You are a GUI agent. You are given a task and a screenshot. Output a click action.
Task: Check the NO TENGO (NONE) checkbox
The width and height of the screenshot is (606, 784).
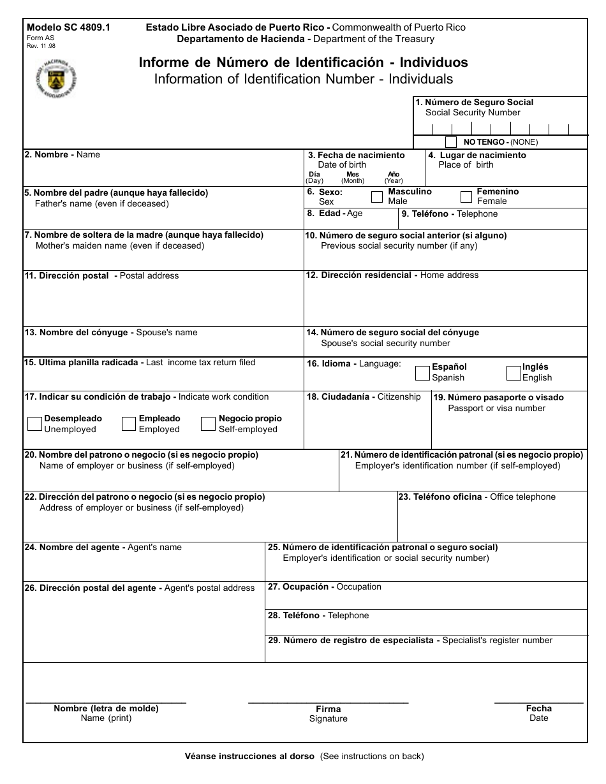pos(451,142)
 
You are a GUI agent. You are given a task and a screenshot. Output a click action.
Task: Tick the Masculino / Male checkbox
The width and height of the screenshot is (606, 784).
pos(377,196)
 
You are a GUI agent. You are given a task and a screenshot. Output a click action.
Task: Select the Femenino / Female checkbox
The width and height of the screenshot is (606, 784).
pos(466,196)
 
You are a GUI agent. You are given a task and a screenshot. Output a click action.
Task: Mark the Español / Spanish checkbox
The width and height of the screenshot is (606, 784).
pos(422,372)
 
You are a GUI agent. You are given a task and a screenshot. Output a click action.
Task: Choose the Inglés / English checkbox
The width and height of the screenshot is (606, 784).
pos(514,372)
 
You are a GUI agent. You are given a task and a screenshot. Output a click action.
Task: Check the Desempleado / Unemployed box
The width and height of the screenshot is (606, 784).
pos(35,424)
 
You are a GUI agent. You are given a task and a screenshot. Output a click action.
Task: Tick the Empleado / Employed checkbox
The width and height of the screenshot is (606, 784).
pos(129,424)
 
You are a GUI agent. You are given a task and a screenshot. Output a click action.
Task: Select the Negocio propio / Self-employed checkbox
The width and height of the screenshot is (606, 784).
pos(208,424)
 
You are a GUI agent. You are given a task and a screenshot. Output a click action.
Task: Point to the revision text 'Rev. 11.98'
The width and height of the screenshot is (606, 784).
pos(41,47)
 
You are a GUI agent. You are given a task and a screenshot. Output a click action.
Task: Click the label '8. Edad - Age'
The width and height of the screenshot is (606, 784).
pos(334,214)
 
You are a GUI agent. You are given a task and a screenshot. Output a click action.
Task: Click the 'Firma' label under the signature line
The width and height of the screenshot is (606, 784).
pos(328,709)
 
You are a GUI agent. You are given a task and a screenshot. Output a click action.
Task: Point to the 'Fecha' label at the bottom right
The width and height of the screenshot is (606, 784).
pos(538,708)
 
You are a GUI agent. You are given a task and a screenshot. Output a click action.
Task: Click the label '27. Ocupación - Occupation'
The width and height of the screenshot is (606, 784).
pos(324,586)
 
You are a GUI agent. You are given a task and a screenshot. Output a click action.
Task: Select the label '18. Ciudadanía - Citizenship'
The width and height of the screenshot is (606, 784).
pos(364,396)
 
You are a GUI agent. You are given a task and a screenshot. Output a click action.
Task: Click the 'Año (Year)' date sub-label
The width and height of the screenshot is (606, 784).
pos(394,177)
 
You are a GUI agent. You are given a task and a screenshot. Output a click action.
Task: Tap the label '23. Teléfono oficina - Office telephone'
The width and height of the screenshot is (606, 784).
pos(477,497)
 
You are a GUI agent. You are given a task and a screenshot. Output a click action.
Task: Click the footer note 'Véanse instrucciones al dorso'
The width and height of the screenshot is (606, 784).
pos(249,757)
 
